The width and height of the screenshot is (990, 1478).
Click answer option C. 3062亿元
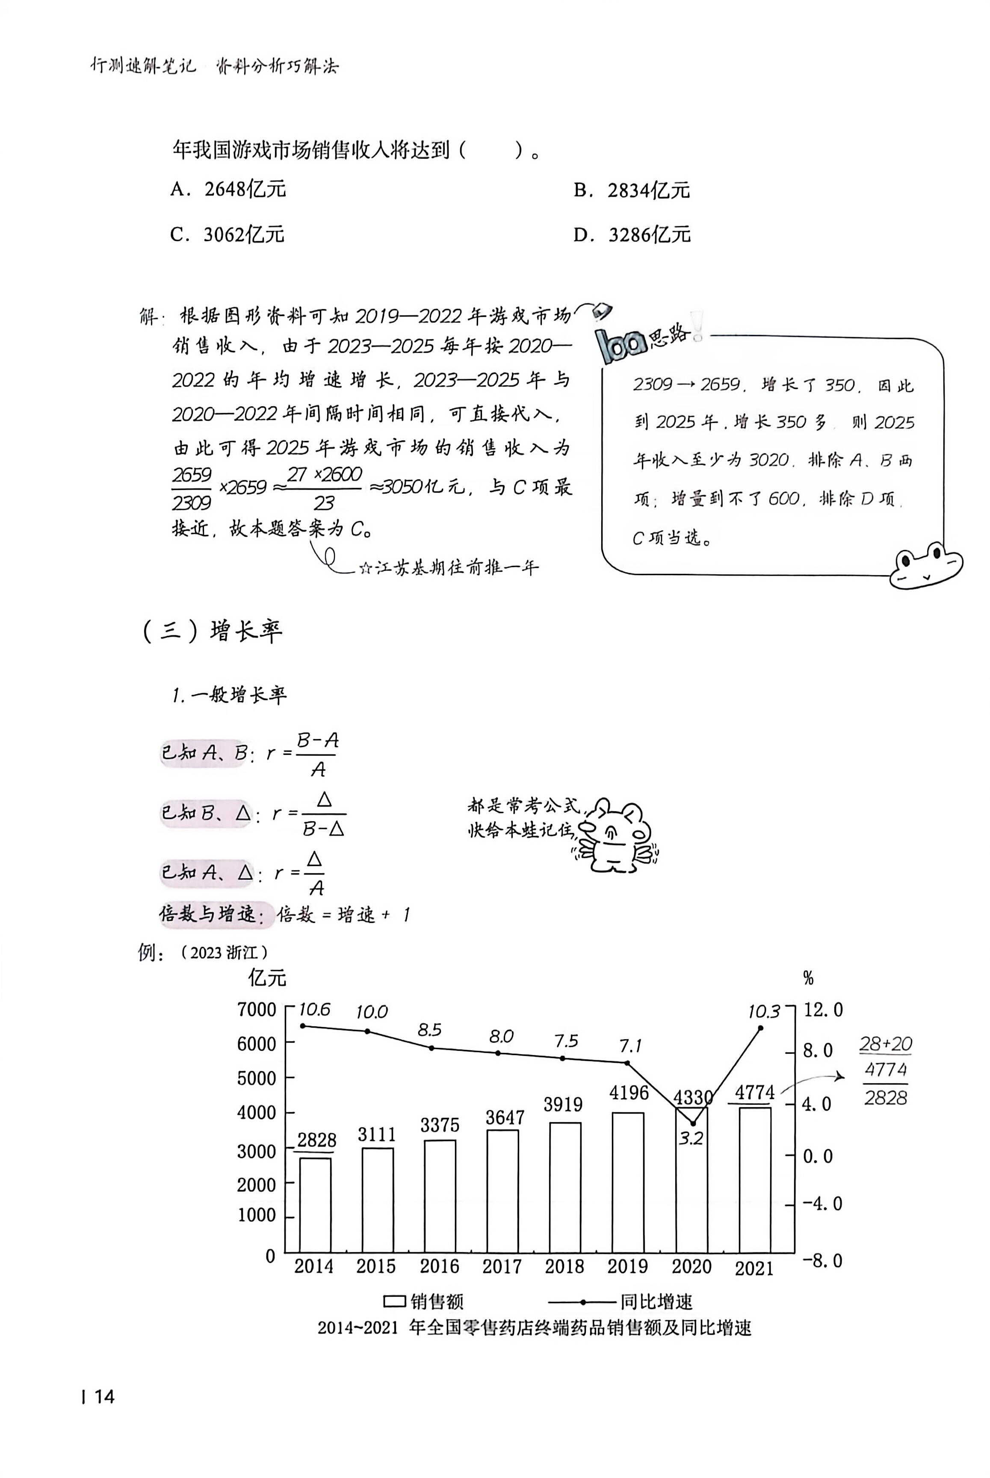point(228,235)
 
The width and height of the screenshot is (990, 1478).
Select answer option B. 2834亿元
point(631,190)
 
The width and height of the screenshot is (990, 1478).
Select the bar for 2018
point(565,1187)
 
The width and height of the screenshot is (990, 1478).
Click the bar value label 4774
point(754,1093)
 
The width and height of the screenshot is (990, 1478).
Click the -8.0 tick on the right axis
point(822,1261)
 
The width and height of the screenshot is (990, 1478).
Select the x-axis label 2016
point(440,1266)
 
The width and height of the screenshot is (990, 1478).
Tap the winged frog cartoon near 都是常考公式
point(615,837)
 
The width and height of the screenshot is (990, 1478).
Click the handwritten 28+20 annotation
point(886,1044)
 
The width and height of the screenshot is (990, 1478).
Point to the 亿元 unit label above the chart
point(267,977)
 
